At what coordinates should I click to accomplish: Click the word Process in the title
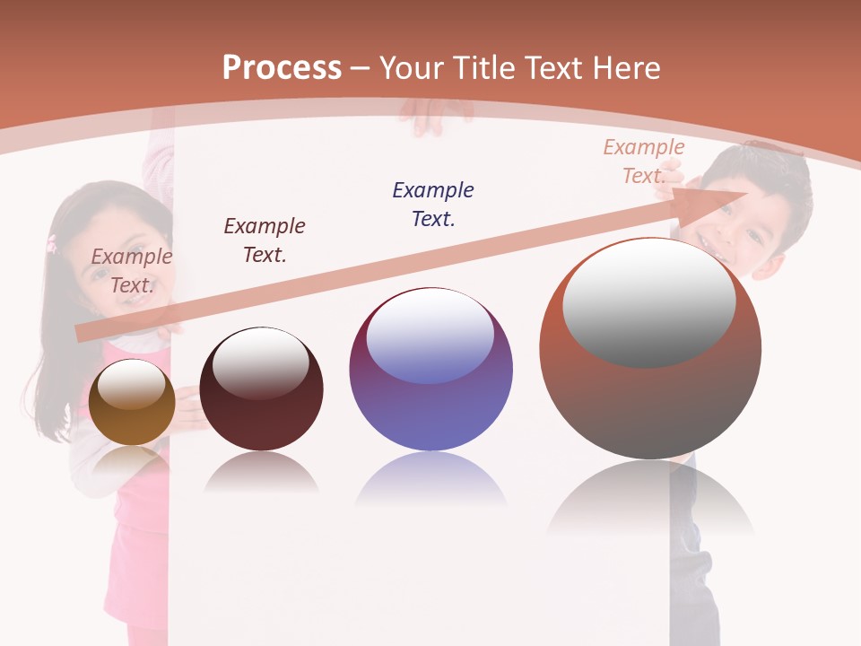pos(282,67)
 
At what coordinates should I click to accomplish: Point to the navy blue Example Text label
pos(433,204)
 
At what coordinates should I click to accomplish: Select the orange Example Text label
pos(643,161)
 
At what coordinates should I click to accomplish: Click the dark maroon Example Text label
pos(265,240)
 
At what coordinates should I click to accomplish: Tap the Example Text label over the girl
pos(132,270)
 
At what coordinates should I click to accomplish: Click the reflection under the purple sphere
pos(430,480)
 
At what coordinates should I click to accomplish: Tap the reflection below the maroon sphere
pos(261,473)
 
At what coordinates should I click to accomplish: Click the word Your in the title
pos(412,67)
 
